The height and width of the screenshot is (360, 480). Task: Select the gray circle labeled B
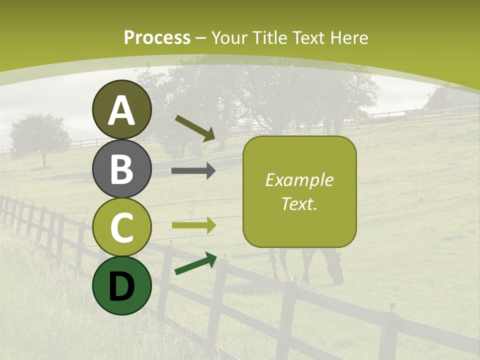(x=121, y=169)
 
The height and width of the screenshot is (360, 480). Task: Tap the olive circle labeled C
(x=121, y=227)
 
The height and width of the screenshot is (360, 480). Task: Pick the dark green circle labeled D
(x=121, y=285)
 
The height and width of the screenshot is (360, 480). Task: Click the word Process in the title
(x=157, y=37)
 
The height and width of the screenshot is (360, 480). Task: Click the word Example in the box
(x=299, y=180)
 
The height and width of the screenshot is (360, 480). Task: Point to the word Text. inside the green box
(x=299, y=203)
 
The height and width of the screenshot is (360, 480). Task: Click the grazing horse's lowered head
(x=337, y=272)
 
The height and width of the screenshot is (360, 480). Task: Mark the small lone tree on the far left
(x=40, y=135)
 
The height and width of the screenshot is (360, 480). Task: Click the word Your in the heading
(x=228, y=37)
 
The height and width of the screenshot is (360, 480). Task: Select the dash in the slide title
(x=201, y=38)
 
